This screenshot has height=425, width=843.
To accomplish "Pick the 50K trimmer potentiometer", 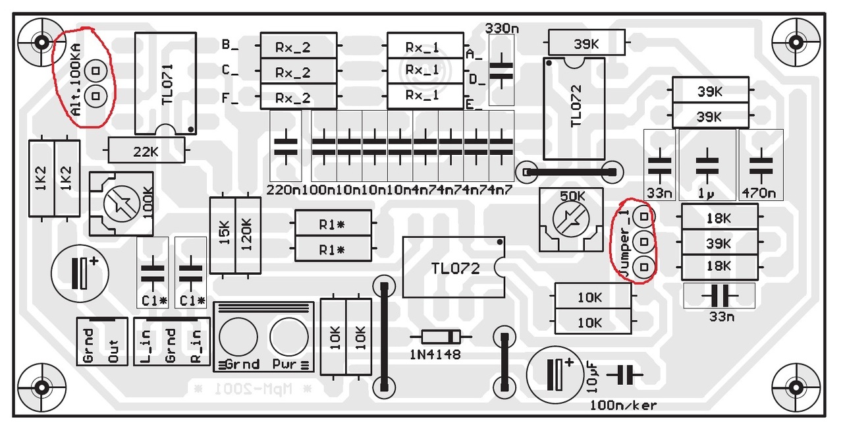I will (x=571, y=218).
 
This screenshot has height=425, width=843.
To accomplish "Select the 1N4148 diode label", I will (x=435, y=354).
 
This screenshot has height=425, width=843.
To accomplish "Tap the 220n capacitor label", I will (x=284, y=190).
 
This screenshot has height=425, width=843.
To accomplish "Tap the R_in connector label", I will (x=196, y=345).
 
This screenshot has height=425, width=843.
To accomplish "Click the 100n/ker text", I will (x=624, y=405).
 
